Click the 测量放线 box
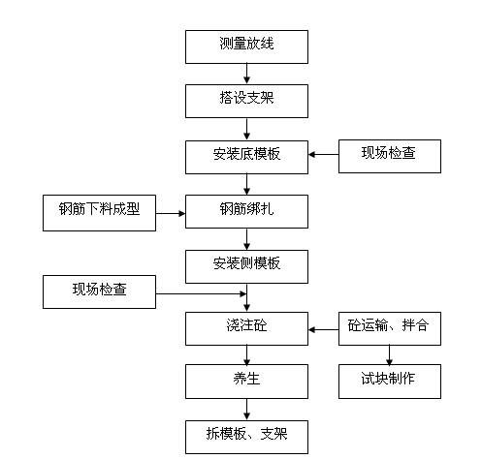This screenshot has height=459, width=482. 247,46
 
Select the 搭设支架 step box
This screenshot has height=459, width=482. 247,100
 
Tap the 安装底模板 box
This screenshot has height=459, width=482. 247,155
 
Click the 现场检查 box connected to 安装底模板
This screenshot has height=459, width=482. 390,155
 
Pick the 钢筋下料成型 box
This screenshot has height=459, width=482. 99,211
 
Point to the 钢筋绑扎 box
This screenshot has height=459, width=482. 247,211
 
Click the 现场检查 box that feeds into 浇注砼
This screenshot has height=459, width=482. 99,291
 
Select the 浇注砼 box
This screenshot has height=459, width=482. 247,328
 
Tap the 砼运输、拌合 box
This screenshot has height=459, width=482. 390,328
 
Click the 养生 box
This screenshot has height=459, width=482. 247,381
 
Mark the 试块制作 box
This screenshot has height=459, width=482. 390,381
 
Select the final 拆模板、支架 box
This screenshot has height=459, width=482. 247,436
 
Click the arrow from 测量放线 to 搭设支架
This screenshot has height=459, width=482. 247,74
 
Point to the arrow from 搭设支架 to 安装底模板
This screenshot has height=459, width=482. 247,128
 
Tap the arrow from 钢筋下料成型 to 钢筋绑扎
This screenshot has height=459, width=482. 171,211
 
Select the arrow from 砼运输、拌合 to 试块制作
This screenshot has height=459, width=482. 390,354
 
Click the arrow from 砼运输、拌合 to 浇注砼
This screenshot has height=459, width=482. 324,329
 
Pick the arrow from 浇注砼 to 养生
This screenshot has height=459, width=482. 247,354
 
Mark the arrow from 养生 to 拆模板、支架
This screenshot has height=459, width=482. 247,409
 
